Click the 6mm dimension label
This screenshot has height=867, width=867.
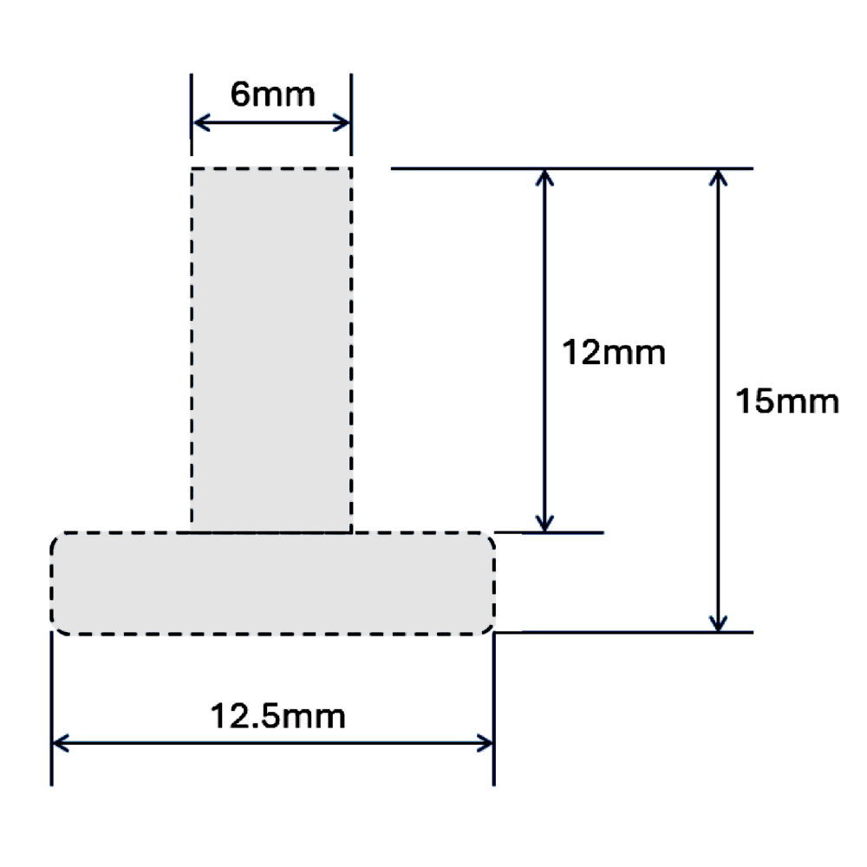coord(271,95)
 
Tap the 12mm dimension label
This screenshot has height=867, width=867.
coord(613,353)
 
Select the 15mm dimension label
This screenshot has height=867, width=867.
coord(786,402)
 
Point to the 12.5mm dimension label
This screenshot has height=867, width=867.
coord(278,717)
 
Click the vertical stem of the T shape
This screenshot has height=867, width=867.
coord(271,347)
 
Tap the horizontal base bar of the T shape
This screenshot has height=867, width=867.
coord(272,583)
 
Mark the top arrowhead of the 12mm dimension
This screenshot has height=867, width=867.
coord(544,176)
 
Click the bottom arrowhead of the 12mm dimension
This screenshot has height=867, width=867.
coord(544,524)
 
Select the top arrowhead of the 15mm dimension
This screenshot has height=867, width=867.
coord(717,176)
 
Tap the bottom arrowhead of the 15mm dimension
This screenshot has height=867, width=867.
coord(717,623)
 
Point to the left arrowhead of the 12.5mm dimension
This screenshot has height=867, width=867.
coord(59,742)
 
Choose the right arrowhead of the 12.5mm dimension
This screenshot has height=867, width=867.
coord(487,742)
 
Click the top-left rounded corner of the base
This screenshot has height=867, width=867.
coord(56,538)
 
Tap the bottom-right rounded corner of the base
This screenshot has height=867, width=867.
coord(490,627)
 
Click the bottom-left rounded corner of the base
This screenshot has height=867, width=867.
coord(56,627)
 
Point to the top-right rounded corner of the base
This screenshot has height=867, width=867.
coord(490,538)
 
